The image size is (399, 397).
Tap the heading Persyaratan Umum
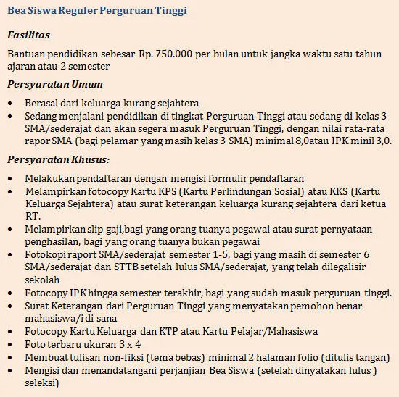coord(55,85)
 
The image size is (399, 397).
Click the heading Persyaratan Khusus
coord(59,159)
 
